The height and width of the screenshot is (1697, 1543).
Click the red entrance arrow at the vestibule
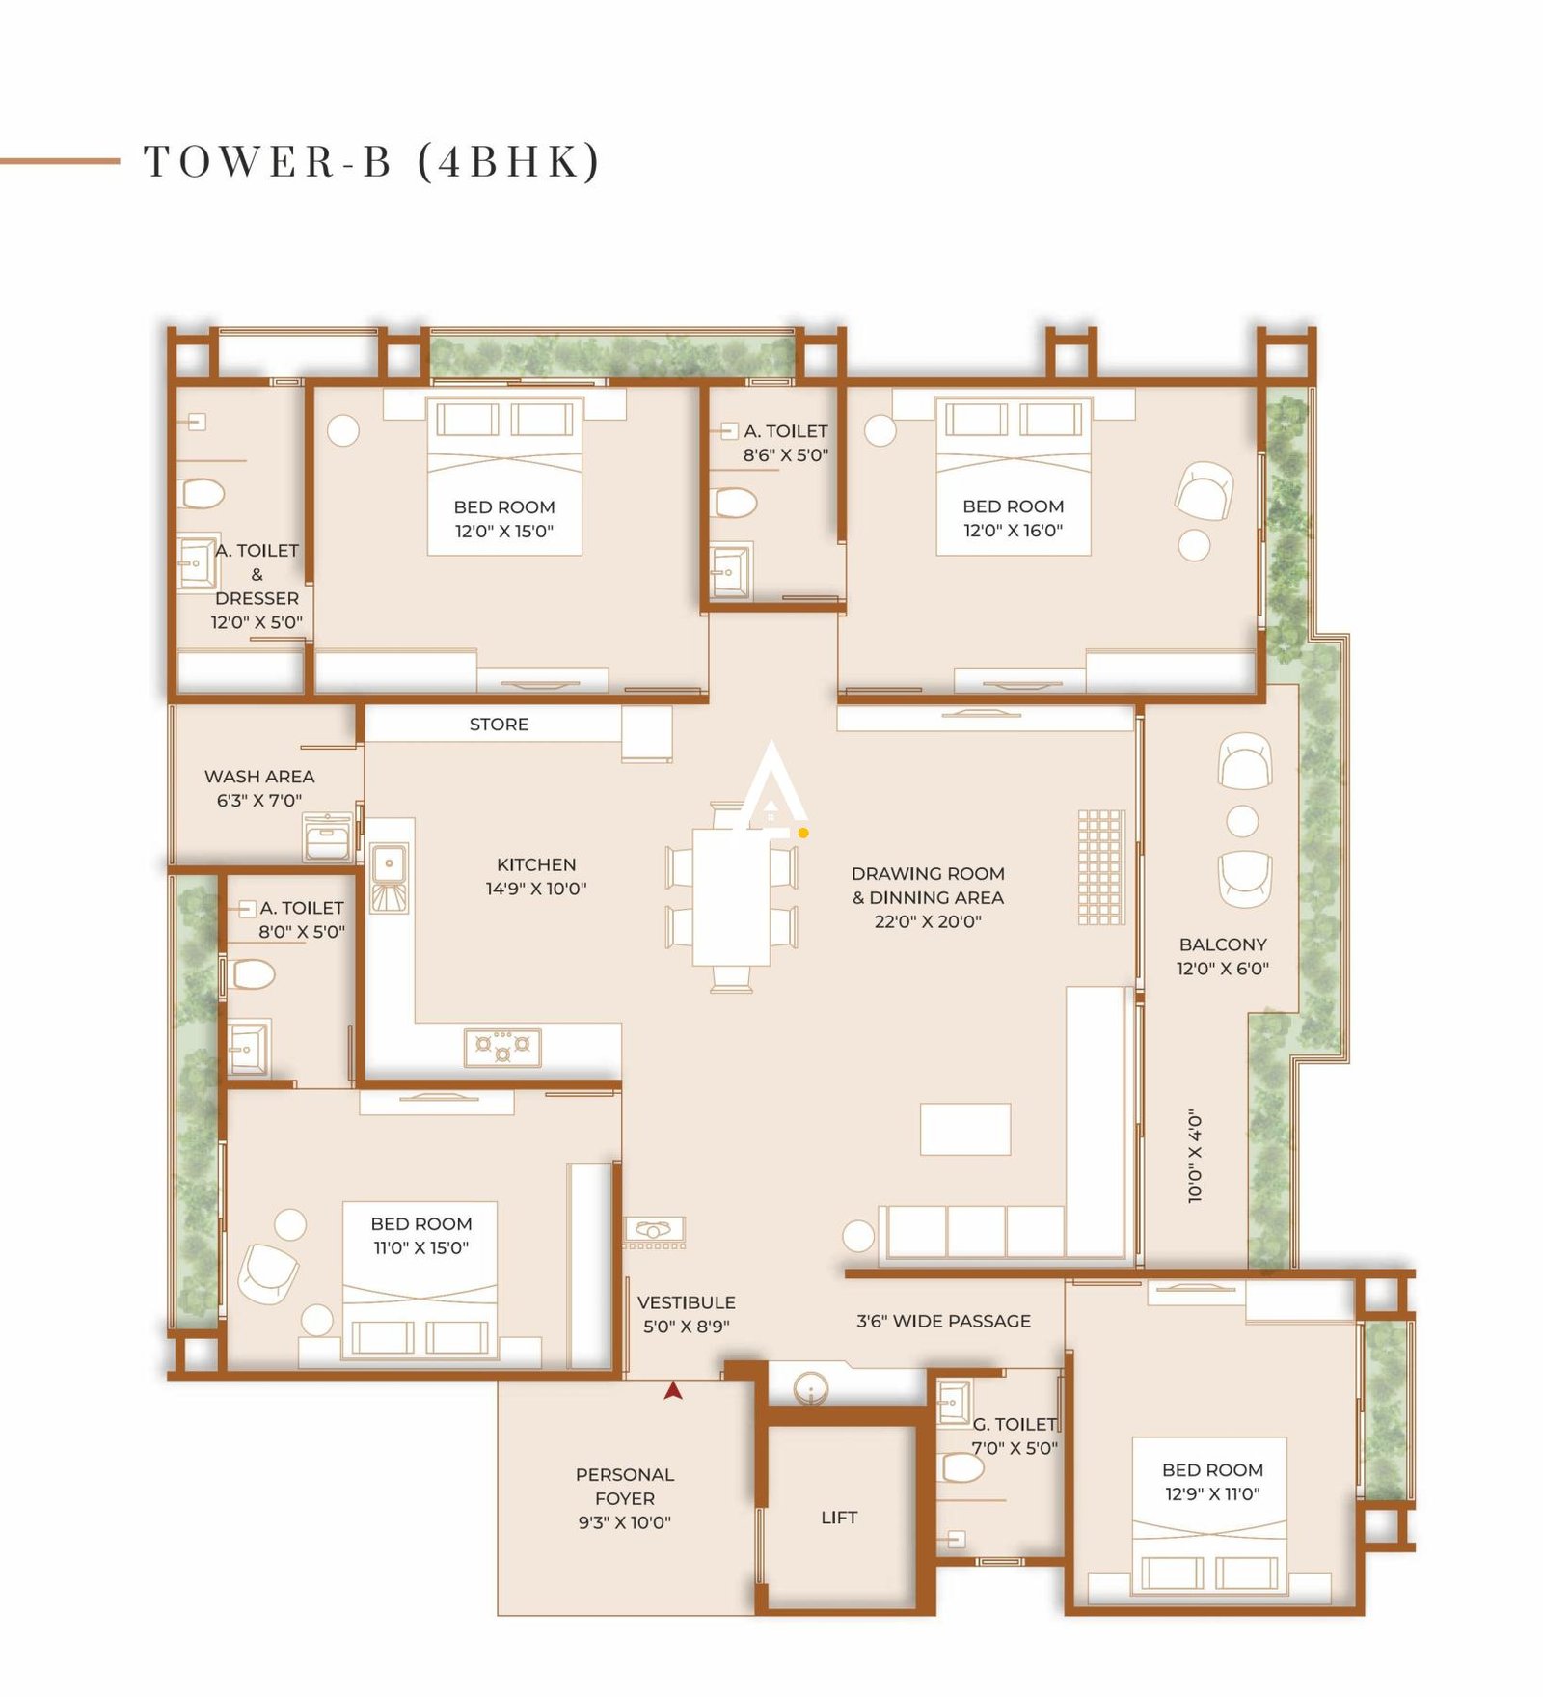(x=673, y=1390)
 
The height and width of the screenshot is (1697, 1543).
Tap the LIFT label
(x=838, y=1518)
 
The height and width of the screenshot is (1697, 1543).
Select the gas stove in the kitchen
(x=501, y=1047)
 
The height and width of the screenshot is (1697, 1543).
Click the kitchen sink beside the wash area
(x=389, y=865)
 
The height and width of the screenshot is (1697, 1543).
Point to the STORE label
(x=499, y=725)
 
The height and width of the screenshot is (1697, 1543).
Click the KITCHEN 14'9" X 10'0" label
(x=536, y=876)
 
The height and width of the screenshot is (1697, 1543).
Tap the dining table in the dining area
(x=731, y=897)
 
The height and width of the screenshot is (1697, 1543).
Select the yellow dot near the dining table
(x=803, y=833)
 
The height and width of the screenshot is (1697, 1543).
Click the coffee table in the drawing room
(x=964, y=1129)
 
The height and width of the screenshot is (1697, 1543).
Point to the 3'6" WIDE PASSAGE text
(x=943, y=1321)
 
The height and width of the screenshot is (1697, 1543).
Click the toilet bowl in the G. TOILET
(x=962, y=1467)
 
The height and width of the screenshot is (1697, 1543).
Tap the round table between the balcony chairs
(x=1242, y=821)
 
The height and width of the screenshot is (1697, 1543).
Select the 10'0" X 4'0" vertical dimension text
(x=1196, y=1155)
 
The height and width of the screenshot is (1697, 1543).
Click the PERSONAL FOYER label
(x=624, y=1498)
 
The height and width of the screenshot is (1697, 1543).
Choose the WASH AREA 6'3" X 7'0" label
(x=258, y=787)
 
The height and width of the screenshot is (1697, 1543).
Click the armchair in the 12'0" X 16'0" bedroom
(x=1204, y=489)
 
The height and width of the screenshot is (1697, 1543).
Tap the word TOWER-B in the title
(x=268, y=161)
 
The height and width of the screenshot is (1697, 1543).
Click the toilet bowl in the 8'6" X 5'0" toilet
(x=735, y=503)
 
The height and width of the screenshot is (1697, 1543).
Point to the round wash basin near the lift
(x=810, y=1390)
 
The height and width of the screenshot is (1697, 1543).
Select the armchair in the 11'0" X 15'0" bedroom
(x=268, y=1273)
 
